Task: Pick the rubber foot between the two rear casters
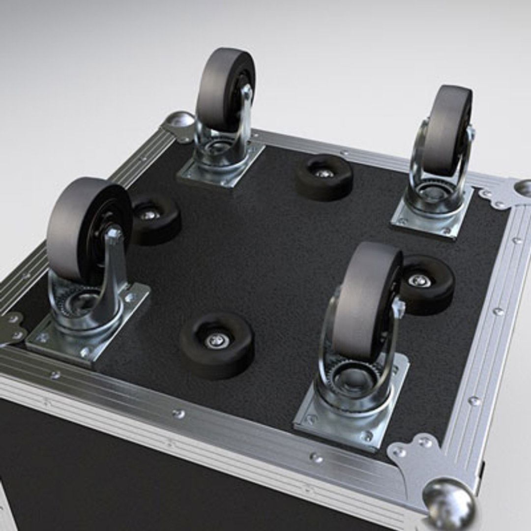pyautogui.click(x=324, y=177)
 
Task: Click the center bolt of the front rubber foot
pyautogui.click(x=217, y=340)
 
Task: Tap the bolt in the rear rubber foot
pyautogui.click(x=324, y=173)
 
